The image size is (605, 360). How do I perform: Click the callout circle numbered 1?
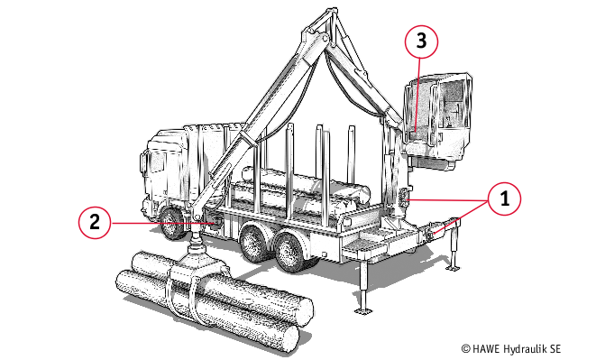coord(504,198)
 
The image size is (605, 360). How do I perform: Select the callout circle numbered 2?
coord(95,222)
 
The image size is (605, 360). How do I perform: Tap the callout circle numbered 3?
coord(421,42)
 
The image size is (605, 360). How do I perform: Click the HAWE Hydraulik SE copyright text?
coord(511,349)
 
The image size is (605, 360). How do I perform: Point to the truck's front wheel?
coord(173,222)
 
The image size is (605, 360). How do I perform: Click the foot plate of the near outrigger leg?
coord(362,310)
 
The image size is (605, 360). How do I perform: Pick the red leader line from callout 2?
coord(163,223)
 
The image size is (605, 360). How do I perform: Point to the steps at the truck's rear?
coord(361,242)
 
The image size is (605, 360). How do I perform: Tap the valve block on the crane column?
coord(404,197)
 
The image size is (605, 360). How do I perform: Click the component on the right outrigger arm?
coord(431,231)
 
